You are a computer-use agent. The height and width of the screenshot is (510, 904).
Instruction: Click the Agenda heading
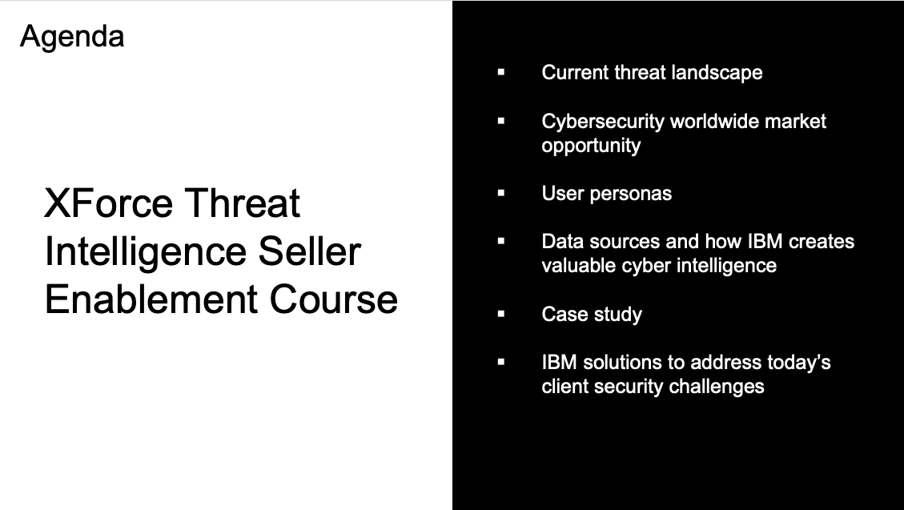coord(72,38)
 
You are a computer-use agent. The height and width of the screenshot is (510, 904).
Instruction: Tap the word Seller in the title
coord(310,251)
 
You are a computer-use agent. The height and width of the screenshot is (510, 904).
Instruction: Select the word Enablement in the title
coord(151,299)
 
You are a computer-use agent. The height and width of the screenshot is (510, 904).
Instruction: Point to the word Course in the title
coord(334,299)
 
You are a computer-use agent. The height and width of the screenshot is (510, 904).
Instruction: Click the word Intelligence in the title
coord(146,253)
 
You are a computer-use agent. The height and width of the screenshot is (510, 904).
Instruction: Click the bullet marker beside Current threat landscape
coord(501,72)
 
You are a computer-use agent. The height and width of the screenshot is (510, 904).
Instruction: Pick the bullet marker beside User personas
coord(501,193)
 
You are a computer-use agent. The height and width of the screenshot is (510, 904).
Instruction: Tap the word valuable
coord(579,265)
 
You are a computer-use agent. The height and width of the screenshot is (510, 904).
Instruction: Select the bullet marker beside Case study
coord(501,314)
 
